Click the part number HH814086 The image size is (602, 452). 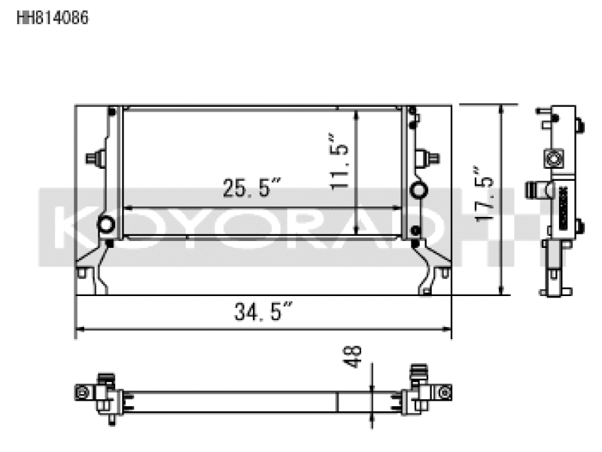53,17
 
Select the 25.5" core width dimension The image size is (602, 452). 251,188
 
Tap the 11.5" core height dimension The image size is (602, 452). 339,160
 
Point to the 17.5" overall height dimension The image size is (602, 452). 484,194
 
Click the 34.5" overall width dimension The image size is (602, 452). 263,311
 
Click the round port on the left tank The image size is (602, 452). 106,224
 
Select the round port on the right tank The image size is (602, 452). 418,190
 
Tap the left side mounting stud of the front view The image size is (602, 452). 96,157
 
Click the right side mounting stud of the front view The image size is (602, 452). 428,157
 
